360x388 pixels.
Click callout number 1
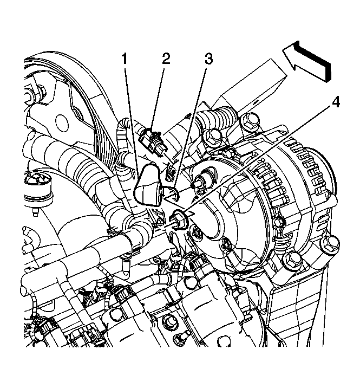pyautogui.click(x=125, y=59)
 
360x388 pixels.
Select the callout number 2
pyautogui.click(x=166, y=59)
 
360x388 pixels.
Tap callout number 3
pyautogui.click(x=208, y=59)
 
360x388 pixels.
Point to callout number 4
pyautogui.click(x=336, y=102)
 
